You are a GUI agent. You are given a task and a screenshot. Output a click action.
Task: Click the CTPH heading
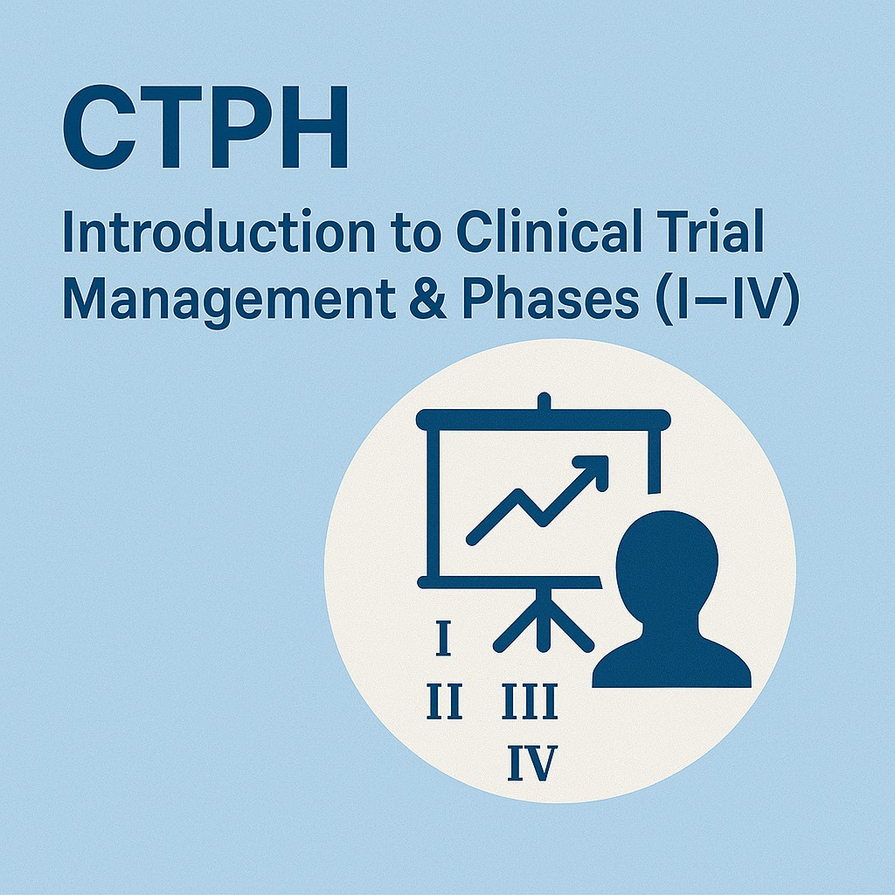[x=205, y=128]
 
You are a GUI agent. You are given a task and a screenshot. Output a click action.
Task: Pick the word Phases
[x=551, y=298]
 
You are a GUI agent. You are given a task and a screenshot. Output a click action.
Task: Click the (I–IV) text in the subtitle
[x=728, y=299]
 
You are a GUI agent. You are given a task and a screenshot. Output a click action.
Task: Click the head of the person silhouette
[x=667, y=562]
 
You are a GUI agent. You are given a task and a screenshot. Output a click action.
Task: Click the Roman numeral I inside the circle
[x=443, y=639]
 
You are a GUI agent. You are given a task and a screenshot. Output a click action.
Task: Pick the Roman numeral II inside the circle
[x=445, y=702]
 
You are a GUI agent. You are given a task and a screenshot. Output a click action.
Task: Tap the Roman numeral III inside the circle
[x=529, y=702]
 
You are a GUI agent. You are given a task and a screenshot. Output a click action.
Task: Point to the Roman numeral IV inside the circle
[x=532, y=763]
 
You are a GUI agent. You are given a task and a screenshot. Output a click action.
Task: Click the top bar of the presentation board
[x=544, y=420]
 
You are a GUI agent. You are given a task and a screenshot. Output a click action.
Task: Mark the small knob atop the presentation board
[x=544, y=400]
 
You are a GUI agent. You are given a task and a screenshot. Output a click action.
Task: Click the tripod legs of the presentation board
[x=544, y=621]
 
